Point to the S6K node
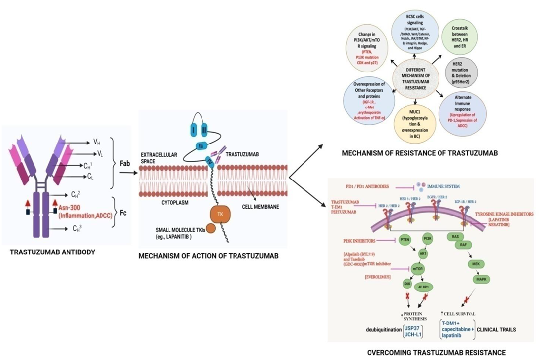407,285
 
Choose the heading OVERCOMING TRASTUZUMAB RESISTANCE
436,352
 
